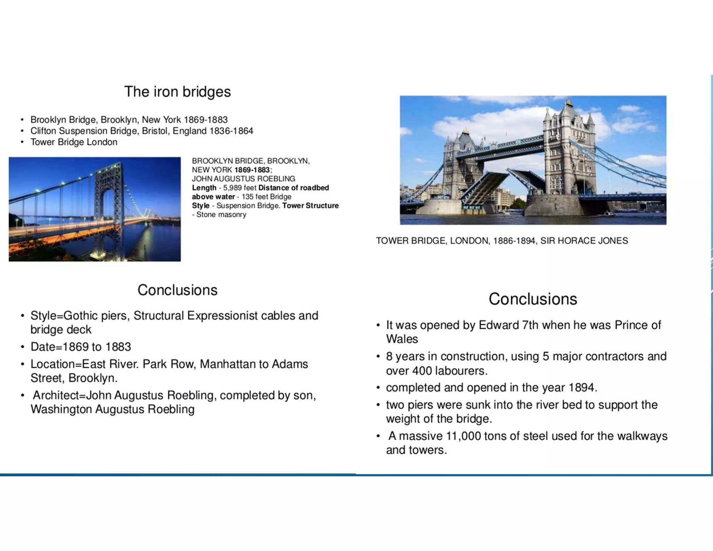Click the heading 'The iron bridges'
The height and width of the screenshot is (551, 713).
point(177,92)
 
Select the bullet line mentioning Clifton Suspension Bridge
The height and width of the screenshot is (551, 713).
point(141,131)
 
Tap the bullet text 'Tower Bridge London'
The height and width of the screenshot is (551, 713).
point(74,142)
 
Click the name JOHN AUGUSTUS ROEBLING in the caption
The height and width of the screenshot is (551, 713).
point(243,179)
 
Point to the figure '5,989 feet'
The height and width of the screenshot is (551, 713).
point(240,188)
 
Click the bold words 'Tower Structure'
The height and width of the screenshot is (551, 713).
point(310,205)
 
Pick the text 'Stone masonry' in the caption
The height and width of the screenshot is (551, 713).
point(221,215)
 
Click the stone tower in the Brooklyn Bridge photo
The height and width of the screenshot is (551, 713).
point(109,195)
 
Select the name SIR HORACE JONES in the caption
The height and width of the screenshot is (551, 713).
point(584,241)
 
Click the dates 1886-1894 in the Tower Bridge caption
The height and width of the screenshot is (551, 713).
point(514,241)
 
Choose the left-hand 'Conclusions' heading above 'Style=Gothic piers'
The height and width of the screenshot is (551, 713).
point(177,290)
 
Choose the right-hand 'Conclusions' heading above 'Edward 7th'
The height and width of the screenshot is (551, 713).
point(532,299)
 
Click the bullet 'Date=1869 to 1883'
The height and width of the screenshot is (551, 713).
point(81,347)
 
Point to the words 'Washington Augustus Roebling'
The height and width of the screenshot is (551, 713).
point(112,409)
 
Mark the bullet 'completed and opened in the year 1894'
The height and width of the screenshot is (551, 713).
point(491,388)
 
